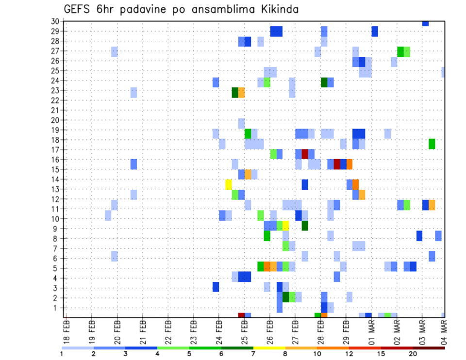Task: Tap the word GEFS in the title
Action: (77, 9)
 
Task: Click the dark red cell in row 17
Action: (305, 154)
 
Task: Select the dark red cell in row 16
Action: (337, 164)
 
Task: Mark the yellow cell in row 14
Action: (229, 184)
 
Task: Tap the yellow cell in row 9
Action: (286, 226)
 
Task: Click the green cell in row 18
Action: (432, 144)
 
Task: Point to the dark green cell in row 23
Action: (235, 93)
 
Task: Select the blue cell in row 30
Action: (426, 23)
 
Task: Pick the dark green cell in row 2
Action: (286, 297)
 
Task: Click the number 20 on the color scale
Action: (413, 354)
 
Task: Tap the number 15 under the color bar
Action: (381, 354)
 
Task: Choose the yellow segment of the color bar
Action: (269, 348)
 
